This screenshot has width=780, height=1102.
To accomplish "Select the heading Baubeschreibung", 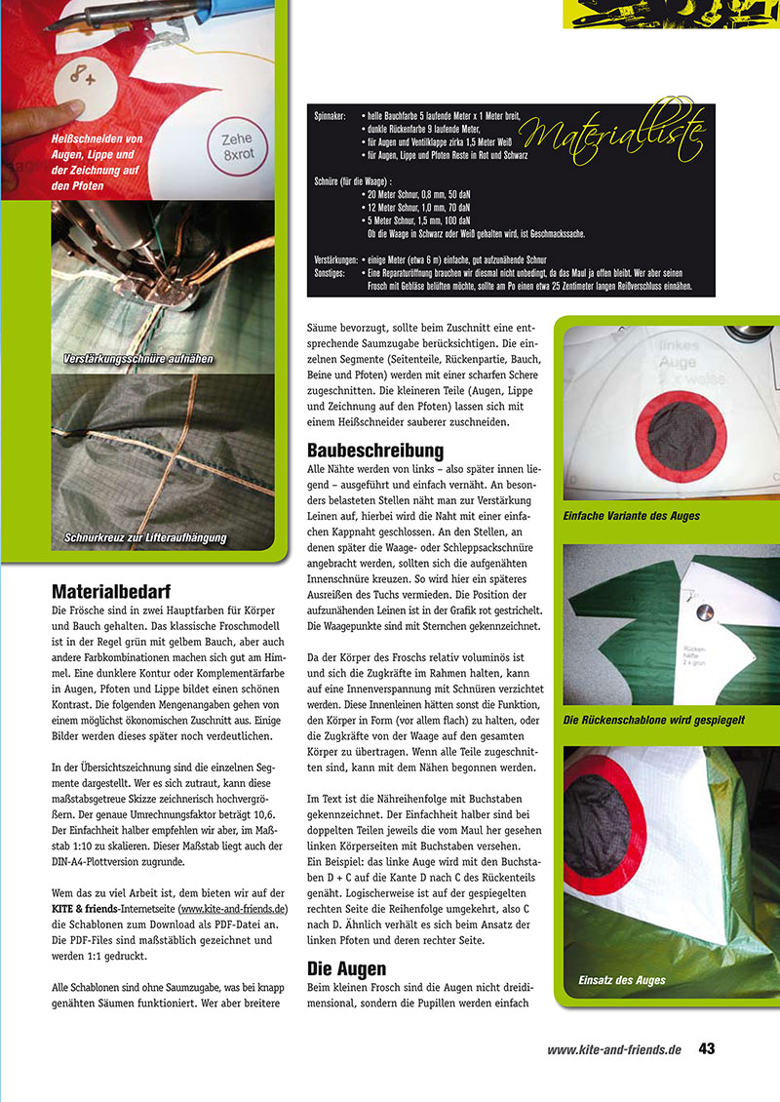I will point(375,450).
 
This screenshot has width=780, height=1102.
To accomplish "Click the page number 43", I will point(707,1049).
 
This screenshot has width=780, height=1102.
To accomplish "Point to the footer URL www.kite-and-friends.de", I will point(613,1050).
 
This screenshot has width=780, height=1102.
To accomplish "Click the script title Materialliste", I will point(613,134).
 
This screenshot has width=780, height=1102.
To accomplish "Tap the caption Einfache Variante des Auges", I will point(632,515).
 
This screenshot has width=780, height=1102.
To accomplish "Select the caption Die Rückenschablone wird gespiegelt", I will point(654,720).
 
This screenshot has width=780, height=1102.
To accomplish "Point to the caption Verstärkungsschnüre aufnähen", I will point(137,359).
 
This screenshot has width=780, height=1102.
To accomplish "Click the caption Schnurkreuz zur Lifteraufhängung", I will point(145,537).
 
